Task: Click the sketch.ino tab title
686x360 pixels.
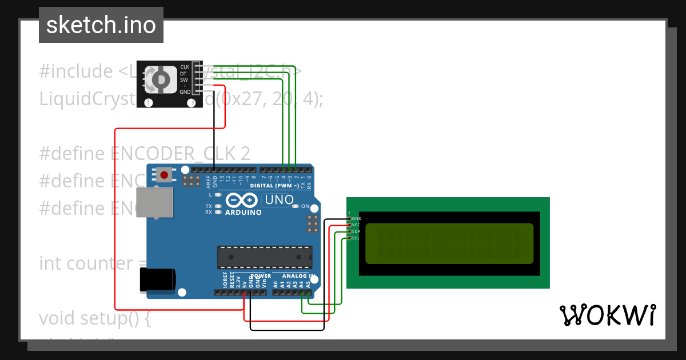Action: pyautogui.click(x=101, y=25)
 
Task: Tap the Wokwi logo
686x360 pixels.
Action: pyautogui.click(x=608, y=315)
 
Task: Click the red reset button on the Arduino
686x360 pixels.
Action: pyautogui.click(x=165, y=175)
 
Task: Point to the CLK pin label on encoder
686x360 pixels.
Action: pyautogui.click(x=185, y=67)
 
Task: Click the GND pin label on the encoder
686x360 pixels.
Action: pyautogui.click(x=185, y=92)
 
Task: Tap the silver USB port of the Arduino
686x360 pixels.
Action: pyautogui.click(x=155, y=202)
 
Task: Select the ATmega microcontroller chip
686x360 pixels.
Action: pyautogui.click(x=265, y=257)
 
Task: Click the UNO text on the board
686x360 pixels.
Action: pyautogui.click(x=279, y=200)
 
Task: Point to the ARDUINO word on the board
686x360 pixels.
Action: pyautogui.click(x=243, y=213)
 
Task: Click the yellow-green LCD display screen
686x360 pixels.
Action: pyautogui.click(x=449, y=243)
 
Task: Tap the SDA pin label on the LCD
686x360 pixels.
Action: pyautogui.click(x=356, y=231)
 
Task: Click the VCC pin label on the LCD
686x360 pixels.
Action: pyautogui.click(x=356, y=225)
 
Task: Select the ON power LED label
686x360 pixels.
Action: pyautogui.click(x=305, y=206)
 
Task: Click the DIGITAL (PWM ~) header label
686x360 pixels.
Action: pyautogui.click(x=274, y=186)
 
